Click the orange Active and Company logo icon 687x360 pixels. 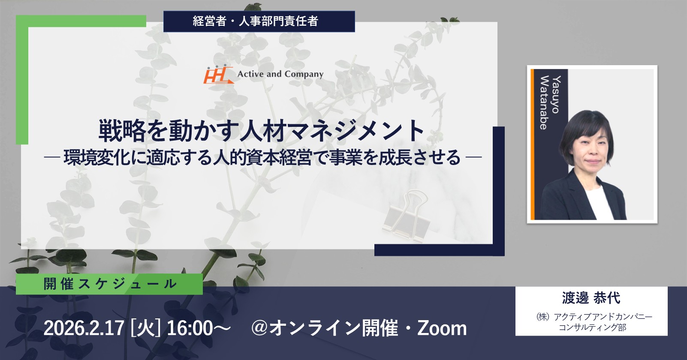(218, 75)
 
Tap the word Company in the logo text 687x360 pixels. (304, 75)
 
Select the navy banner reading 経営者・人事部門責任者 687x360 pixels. (259, 21)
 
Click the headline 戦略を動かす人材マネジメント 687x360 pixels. (262, 131)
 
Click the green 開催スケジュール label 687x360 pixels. (109, 284)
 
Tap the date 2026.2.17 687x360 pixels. (84, 328)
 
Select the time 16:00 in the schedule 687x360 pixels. (190, 328)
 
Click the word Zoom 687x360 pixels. (442, 328)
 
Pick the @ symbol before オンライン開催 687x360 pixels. (260, 328)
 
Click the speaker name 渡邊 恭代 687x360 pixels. (591, 298)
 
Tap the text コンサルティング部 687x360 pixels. (592, 327)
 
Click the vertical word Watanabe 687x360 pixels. (543, 102)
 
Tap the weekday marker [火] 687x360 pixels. (145, 328)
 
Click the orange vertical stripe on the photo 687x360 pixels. (533, 144)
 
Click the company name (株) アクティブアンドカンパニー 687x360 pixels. (594, 317)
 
